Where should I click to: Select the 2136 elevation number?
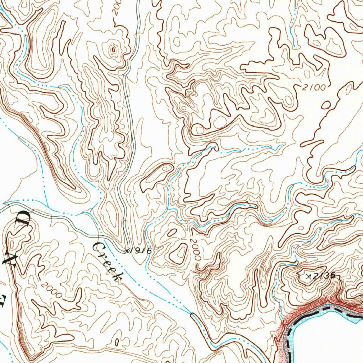(x=323, y=276)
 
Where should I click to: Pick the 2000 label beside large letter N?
(x=51, y=289)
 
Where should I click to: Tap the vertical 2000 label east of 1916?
(x=195, y=250)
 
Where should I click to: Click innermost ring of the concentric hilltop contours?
(x=113, y=50)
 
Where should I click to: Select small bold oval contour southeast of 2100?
(x=327, y=105)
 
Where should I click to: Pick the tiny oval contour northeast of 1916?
(x=172, y=233)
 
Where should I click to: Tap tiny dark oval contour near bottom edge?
(x=117, y=342)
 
